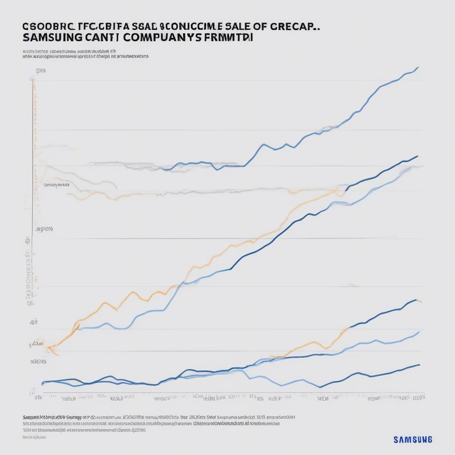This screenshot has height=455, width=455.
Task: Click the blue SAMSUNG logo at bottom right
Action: [x=412, y=439]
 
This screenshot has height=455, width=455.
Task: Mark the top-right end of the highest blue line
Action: [x=418, y=68]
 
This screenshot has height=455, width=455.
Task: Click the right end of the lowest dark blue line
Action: [x=419, y=365]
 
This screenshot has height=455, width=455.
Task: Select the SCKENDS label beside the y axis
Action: [x=38, y=362]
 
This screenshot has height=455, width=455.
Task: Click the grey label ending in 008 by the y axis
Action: [x=44, y=229]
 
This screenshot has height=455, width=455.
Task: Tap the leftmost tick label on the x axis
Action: [x=38, y=398]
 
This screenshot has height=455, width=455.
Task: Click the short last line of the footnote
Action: [x=34, y=437]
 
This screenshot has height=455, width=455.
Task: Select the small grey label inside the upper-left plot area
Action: [x=57, y=185]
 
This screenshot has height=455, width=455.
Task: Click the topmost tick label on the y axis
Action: [x=41, y=71]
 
